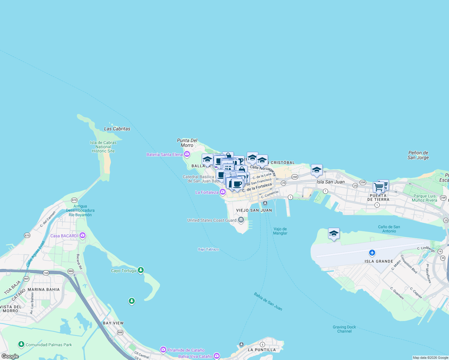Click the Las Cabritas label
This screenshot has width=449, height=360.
[x=117, y=129]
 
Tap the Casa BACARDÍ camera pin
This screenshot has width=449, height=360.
[x=83, y=235]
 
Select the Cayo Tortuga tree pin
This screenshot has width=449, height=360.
[x=140, y=270]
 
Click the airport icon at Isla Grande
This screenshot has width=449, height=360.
[x=372, y=253]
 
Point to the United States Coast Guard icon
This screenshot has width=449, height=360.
[x=241, y=220]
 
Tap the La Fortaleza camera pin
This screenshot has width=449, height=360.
[x=222, y=192]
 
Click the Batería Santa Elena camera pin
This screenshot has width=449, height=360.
[x=187, y=154]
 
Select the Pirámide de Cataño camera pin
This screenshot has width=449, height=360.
[x=163, y=350]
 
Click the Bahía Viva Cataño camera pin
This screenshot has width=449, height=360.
[x=216, y=356]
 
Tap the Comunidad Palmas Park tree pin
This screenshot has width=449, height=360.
[x=21, y=344]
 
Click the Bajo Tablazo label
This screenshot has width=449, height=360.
[x=208, y=249]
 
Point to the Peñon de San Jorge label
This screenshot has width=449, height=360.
[x=418, y=155]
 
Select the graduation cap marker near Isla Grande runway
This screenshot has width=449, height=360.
[x=334, y=234]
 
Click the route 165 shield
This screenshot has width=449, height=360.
[x=46, y=273]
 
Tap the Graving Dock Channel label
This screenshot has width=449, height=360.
[x=344, y=329]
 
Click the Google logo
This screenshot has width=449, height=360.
[x=10, y=356]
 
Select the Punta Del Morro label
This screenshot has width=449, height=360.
[x=187, y=143]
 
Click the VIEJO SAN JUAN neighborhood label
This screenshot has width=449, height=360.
[x=254, y=210]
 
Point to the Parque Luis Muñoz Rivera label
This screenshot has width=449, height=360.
[x=424, y=198]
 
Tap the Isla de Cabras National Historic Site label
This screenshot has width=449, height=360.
[x=103, y=147]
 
